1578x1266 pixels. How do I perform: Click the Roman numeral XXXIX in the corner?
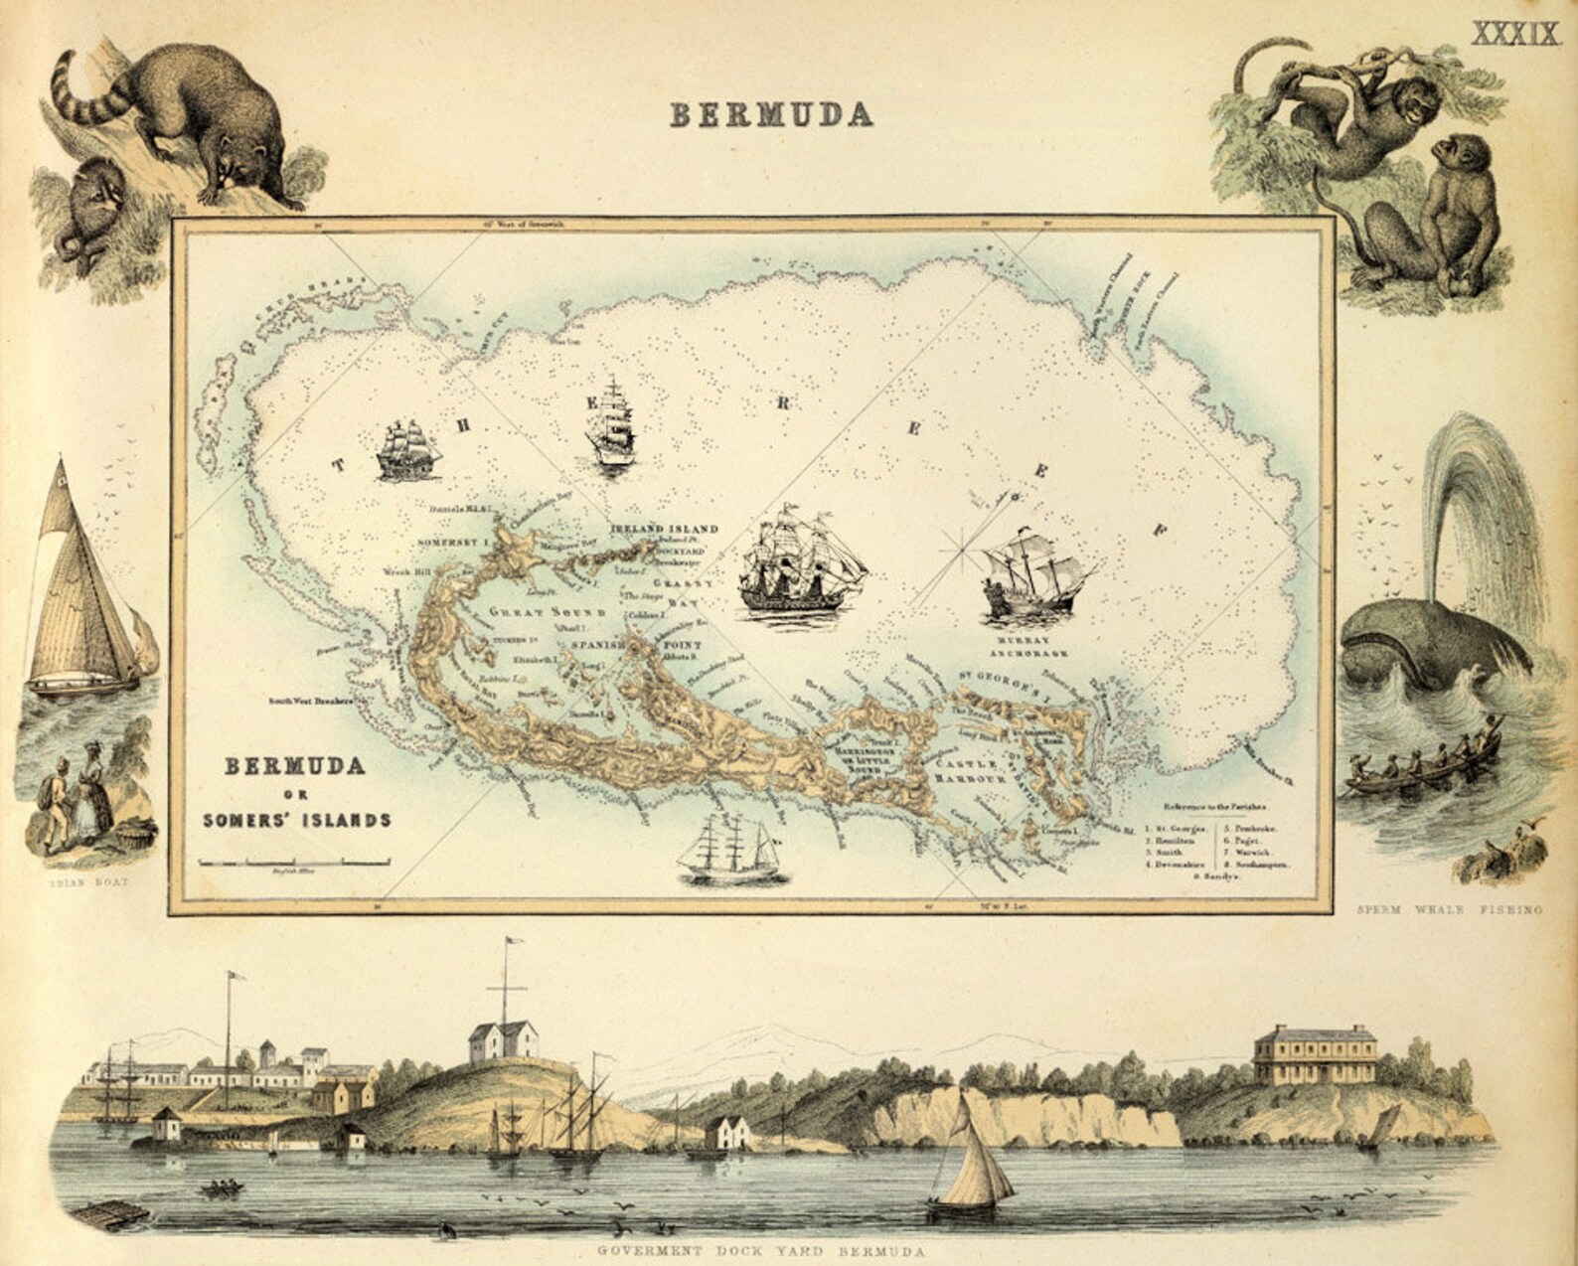click(x=1514, y=33)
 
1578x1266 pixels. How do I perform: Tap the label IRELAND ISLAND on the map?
click(x=664, y=529)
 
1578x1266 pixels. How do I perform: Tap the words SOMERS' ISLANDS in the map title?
click(x=296, y=820)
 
